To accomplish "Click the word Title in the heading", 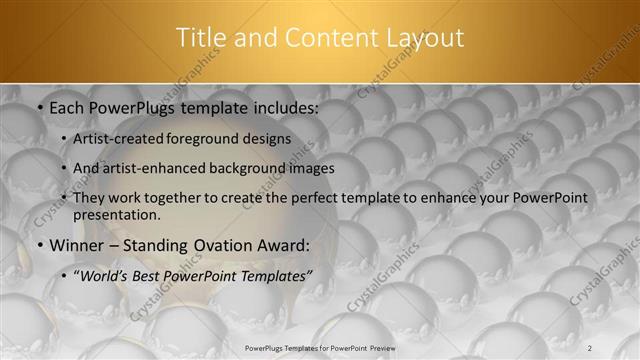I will [202, 38].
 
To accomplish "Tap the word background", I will [247, 168].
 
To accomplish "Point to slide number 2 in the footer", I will [589, 347].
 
